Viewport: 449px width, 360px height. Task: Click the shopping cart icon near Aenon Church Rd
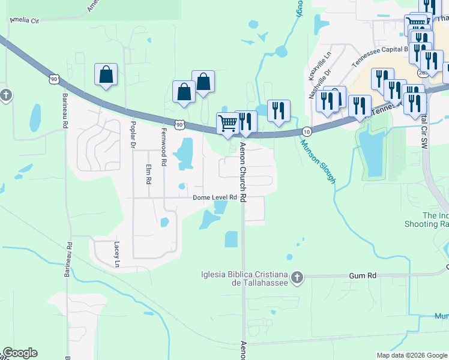click(228, 123)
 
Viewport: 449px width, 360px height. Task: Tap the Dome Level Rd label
click(220, 197)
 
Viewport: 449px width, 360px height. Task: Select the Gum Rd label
click(364, 275)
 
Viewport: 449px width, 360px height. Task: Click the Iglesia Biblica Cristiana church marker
click(297, 277)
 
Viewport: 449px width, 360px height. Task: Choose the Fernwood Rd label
click(163, 147)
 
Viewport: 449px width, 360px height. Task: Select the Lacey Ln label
click(117, 254)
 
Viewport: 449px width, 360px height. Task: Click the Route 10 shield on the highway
click(307, 131)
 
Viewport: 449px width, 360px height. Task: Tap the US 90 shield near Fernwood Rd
click(179, 124)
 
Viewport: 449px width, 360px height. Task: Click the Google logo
click(20, 353)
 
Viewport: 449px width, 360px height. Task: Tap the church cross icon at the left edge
click(5, 95)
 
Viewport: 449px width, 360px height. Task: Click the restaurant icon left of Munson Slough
click(278, 111)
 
